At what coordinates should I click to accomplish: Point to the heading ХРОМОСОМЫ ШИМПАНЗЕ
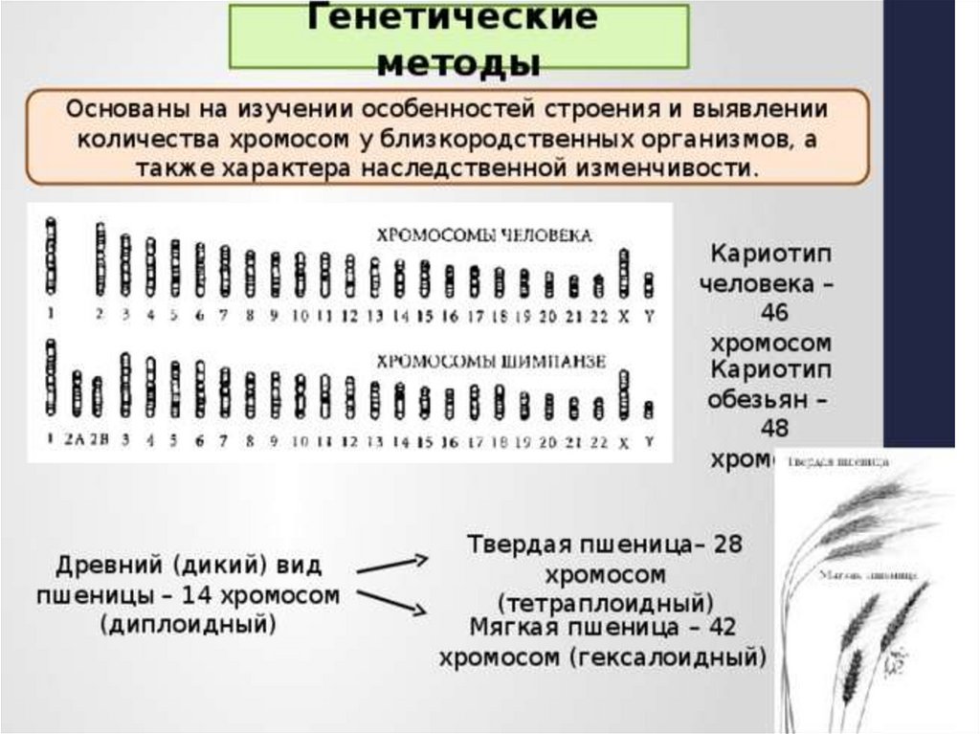pyautogui.click(x=489, y=362)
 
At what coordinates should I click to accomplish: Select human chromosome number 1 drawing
pyautogui.click(x=51, y=257)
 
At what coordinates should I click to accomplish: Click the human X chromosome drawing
pyautogui.click(x=624, y=272)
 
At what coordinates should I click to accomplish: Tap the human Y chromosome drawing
pyautogui.click(x=649, y=284)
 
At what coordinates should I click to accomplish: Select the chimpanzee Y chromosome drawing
pyautogui.click(x=649, y=410)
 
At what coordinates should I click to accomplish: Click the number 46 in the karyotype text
pyautogui.click(x=769, y=314)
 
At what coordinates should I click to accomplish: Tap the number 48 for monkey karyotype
pyautogui.click(x=770, y=429)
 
